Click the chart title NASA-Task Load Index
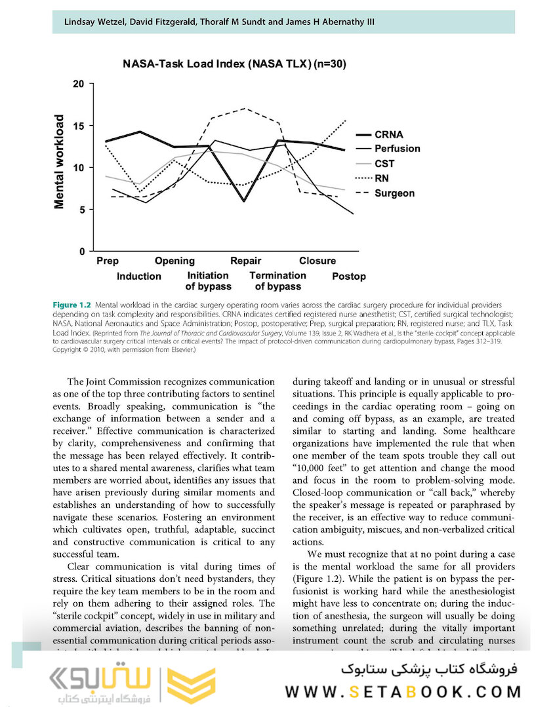click(x=234, y=64)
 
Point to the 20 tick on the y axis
click(x=79, y=84)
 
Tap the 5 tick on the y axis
click(x=81, y=210)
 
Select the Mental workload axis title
click(x=60, y=162)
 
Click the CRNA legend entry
click(x=388, y=135)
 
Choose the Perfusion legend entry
click(x=397, y=149)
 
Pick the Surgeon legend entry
click(x=394, y=193)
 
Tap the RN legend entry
click(x=382, y=178)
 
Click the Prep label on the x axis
click(x=108, y=261)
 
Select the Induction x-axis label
click(x=138, y=276)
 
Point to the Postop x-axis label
click(x=348, y=276)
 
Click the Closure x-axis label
click(x=317, y=261)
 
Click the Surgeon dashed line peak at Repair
click(x=244, y=109)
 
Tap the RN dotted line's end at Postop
click(x=346, y=120)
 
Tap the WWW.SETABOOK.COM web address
click(x=403, y=692)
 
